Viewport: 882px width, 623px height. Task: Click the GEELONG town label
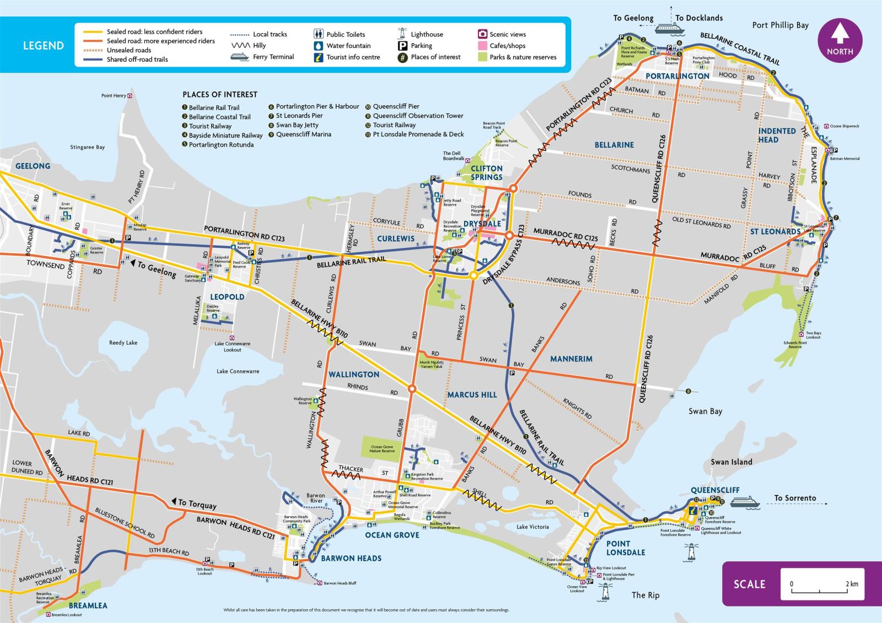33,166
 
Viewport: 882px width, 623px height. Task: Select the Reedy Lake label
123,343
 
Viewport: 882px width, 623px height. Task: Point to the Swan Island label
731,462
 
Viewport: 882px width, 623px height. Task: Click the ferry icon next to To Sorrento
745,501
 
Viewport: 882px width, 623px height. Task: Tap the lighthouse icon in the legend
402,34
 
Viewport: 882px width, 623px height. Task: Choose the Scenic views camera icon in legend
482,34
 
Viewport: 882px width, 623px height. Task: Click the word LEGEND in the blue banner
43,46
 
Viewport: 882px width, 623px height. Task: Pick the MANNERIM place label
571,359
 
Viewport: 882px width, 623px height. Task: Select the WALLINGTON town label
354,375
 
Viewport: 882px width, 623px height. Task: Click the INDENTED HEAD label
777,135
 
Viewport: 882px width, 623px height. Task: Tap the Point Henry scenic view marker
130,96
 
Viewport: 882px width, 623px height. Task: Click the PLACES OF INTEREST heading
220,95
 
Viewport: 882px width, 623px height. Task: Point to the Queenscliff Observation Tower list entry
417,116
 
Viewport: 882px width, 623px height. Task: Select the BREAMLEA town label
88,605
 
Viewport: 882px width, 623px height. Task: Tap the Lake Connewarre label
238,371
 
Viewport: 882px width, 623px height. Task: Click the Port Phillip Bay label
780,25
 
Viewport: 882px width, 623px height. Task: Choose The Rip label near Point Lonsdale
645,595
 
